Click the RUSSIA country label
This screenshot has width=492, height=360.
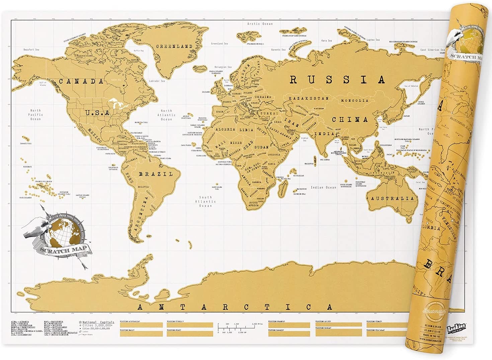point(337,80)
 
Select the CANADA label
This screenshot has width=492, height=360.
point(81,81)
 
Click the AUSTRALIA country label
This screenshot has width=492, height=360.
point(392,199)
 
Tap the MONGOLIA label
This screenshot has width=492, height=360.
point(354,100)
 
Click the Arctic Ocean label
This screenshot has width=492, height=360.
point(260,24)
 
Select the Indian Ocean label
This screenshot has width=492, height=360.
point(323,188)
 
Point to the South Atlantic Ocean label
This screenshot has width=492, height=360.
point(206,202)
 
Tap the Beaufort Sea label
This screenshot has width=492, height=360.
point(31,50)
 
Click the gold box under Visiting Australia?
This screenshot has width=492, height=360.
point(141,325)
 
